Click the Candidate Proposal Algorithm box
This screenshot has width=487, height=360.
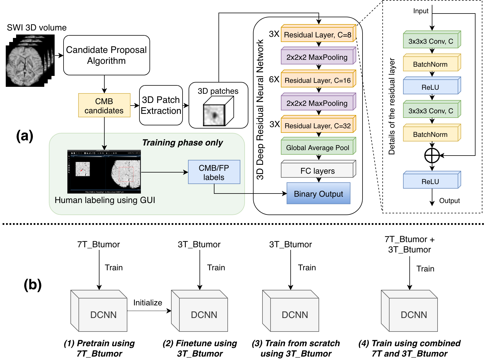click(x=106, y=55)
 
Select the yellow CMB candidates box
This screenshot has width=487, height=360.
click(x=104, y=106)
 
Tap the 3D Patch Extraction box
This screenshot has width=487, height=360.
click(x=161, y=105)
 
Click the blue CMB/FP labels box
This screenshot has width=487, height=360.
click(x=214, y=172)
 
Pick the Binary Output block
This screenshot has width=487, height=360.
click(x=318, y=194)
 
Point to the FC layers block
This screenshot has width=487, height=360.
click(x=318, y=171)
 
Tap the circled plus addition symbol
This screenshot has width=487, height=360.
click(x=432, y=156)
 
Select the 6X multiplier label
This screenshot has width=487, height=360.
click(x=274, y=79)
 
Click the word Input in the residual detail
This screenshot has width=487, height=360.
click(x=421, y=11)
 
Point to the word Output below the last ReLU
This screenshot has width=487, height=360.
click(x=449, y=201)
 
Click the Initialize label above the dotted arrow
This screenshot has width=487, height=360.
click(x=147, y=302)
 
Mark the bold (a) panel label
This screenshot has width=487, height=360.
click(x=25, y=136)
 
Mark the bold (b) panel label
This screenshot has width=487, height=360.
click(x=32, y=285)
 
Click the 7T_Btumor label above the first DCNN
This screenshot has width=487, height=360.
click(x=98, y=244)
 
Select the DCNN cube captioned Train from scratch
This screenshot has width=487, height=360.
click(x=291, y=311)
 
